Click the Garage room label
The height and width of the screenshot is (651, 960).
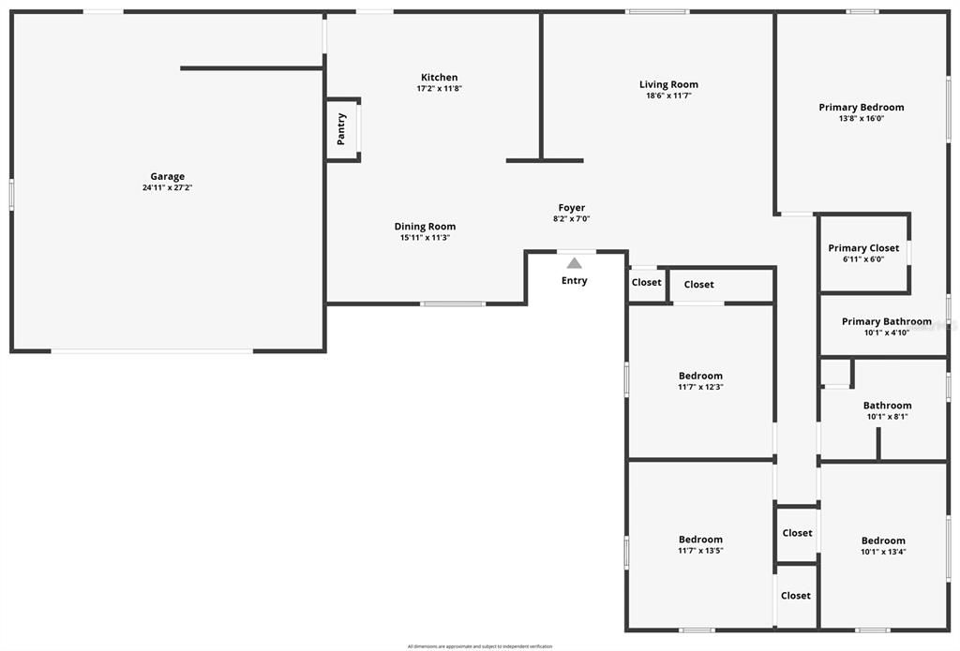coord(168,176)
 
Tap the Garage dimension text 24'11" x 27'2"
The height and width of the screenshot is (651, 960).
coord(168,188)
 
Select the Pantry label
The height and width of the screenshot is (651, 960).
coord(341,129)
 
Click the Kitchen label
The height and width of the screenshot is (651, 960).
coord(439,77)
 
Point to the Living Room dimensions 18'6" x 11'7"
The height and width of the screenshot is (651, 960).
coord(668,96)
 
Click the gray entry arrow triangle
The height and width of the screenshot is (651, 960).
coord(574,263)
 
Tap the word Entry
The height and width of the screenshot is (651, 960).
coord(574,281)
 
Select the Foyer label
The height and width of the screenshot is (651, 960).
coord(571,208)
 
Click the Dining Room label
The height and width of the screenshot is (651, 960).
coord(425,226)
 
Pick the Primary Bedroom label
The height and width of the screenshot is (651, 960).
coord(861,107)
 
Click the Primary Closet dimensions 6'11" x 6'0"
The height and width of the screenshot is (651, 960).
coord(863,259)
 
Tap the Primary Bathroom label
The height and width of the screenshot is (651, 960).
coord(886,321)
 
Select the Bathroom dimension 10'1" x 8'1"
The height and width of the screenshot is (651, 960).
coord(887,417)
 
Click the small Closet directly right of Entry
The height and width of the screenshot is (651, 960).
coord(646,282)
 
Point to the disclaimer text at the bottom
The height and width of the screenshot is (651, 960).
coord(480,646)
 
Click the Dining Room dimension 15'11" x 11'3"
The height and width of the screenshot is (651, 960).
coord(425,238)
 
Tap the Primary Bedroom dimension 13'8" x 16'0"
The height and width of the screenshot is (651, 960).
coord(861,119)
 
